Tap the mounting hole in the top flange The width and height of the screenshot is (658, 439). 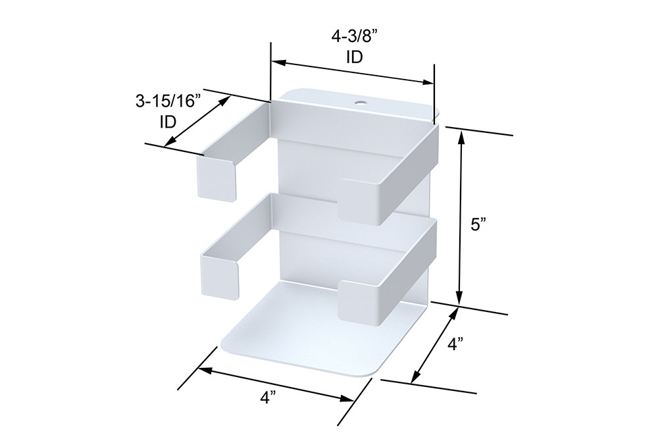click(360, 103)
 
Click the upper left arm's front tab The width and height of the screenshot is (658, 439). click(216, 178)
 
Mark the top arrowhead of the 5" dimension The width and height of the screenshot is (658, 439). click(462, 135)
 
